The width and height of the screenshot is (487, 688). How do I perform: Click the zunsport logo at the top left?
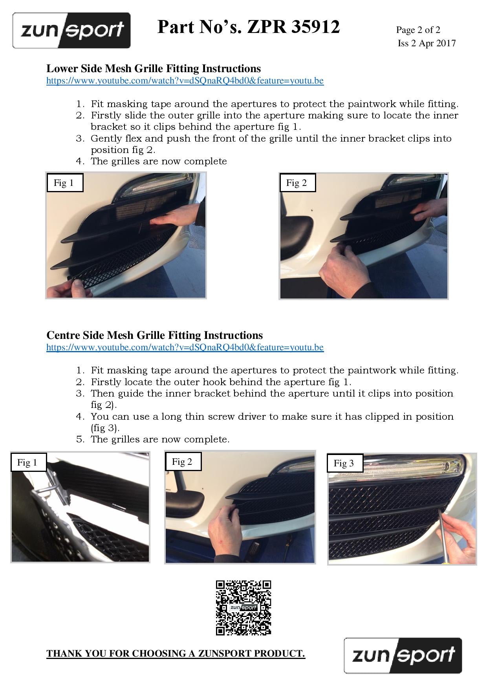(x=71, y=31)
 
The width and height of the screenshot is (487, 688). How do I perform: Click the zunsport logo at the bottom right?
(x=403, y=655)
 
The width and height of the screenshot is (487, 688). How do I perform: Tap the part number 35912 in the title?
(x=316, y=27)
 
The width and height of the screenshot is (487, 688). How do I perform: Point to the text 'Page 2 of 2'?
(x=418, y=30)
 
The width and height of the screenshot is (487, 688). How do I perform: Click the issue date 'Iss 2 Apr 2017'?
(x=427, y=43)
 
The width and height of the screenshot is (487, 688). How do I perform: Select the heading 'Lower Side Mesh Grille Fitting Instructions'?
(x=154, y=69)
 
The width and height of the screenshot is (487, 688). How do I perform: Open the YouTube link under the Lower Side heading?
(x=185, y=81)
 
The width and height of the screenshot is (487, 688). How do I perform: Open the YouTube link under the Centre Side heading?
(x=185, y=347)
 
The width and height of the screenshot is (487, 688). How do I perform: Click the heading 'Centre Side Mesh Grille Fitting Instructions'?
(x=155, y=335)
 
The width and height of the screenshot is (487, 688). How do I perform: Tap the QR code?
(x=243, y=608)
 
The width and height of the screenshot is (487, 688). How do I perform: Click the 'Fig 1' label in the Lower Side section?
(x=65, y=182)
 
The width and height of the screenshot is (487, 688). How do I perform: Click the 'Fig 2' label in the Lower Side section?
(x=298, y=182)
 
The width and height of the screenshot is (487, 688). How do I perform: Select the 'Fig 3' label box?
(x=345, y=463)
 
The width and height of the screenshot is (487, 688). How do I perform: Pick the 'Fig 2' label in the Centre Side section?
(x=183, y=461)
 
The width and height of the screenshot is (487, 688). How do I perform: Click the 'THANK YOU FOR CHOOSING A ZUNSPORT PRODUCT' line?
(x=176, y=653)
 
